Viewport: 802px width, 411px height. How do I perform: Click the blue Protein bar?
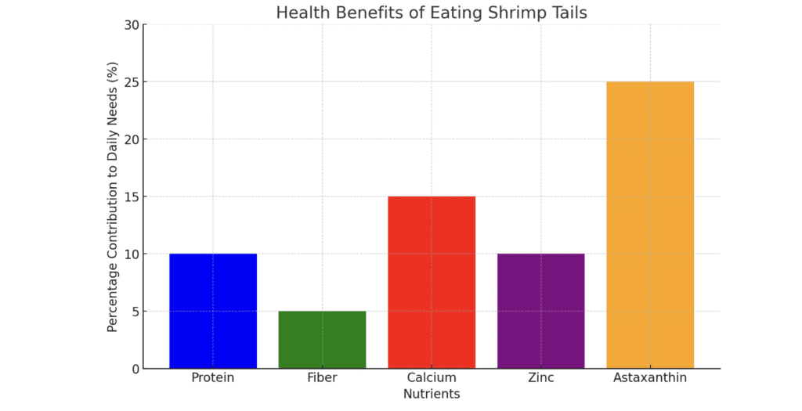pos(213,311)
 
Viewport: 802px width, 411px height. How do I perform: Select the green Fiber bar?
pos(322,340)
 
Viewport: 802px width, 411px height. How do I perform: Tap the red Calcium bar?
pos(432,282)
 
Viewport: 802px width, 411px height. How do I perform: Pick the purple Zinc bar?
pos(540,311)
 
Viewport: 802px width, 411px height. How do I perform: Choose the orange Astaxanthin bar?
pos(649,225)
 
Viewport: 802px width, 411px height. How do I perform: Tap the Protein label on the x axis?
pos(213,378)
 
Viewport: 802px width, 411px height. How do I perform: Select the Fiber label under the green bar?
pos(322,378)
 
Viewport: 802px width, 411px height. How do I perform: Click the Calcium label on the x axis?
pos(432,378)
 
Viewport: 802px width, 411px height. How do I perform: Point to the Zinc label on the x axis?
pos(540,378)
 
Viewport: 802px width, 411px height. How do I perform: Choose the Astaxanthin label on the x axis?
pos(649,378)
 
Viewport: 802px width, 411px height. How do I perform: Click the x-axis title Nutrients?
pos(432,394)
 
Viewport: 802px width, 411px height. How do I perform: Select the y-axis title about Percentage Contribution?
pos(113,196)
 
